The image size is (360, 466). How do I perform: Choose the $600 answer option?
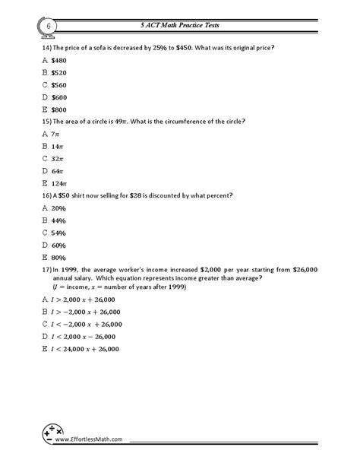point(59,97)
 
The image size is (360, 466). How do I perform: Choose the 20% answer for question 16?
point(58,208)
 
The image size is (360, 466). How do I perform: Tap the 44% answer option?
point(58,220)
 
